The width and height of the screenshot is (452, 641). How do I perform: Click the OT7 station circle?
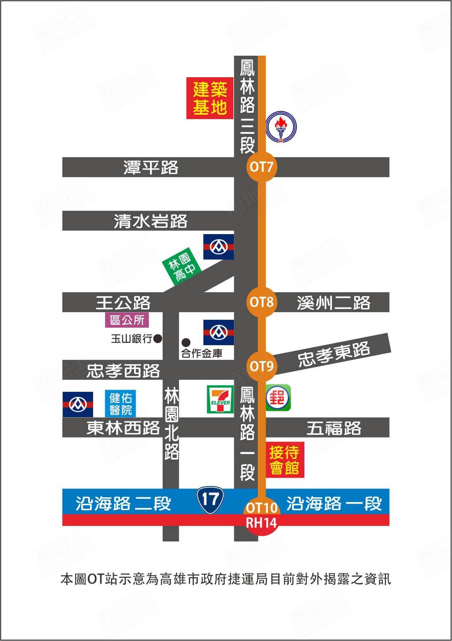coord(261,166)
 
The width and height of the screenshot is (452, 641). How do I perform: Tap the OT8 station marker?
coord(261,302)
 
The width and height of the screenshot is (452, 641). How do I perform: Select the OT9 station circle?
coord(261,365)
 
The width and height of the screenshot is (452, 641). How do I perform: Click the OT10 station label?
coord(261,508)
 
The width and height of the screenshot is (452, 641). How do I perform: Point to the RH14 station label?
coord(261,522)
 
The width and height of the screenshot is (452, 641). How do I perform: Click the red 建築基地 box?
coord(210,98)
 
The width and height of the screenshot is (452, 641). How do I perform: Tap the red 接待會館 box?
coord(284,460)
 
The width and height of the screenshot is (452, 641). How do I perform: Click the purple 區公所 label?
coord(127,320)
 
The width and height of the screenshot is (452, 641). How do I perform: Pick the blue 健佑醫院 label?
coord(121,403)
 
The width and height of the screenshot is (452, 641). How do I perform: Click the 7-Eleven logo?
coord(219,399)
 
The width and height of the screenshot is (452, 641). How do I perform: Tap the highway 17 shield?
coord(210,498)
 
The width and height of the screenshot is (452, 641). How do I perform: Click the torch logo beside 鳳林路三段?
coord(281,127)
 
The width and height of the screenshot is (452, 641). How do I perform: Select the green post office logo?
coord(279,398)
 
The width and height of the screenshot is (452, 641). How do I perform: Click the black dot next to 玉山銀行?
coord(158,339)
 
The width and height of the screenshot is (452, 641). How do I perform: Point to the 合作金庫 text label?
coord(202,353)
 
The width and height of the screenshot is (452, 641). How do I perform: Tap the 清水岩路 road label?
coord(150,221)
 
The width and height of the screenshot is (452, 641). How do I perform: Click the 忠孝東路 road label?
coord(334,354)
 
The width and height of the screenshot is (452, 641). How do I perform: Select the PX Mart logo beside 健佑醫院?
coord(78,405)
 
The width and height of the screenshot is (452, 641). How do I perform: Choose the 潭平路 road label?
coord(151,167)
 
